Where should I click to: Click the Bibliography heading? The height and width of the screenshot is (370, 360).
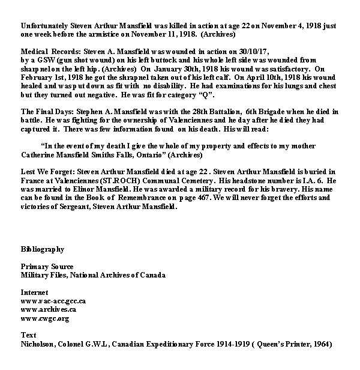(x=43, y=249)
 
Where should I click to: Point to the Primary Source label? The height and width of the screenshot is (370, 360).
(x=47, y=266)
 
